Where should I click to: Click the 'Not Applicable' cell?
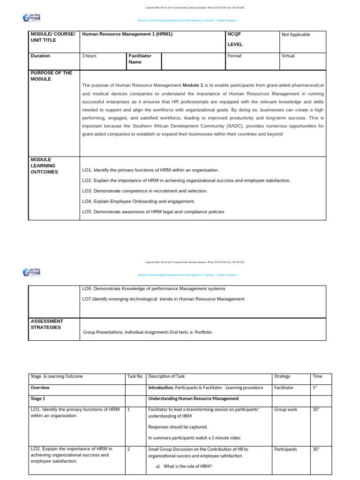pos(296,35)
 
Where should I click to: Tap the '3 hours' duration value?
pos(90,56)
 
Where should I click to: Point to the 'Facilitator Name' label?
pos(140,59)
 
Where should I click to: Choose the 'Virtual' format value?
pos(288,56)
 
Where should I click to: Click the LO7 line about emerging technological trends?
pos(163,299)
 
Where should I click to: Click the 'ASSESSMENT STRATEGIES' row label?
pos(47,324)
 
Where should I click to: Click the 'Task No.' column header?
pos(135,376)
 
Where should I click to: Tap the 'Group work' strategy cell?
pos(285,409)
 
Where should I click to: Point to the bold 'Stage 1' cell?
pos(38,398)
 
